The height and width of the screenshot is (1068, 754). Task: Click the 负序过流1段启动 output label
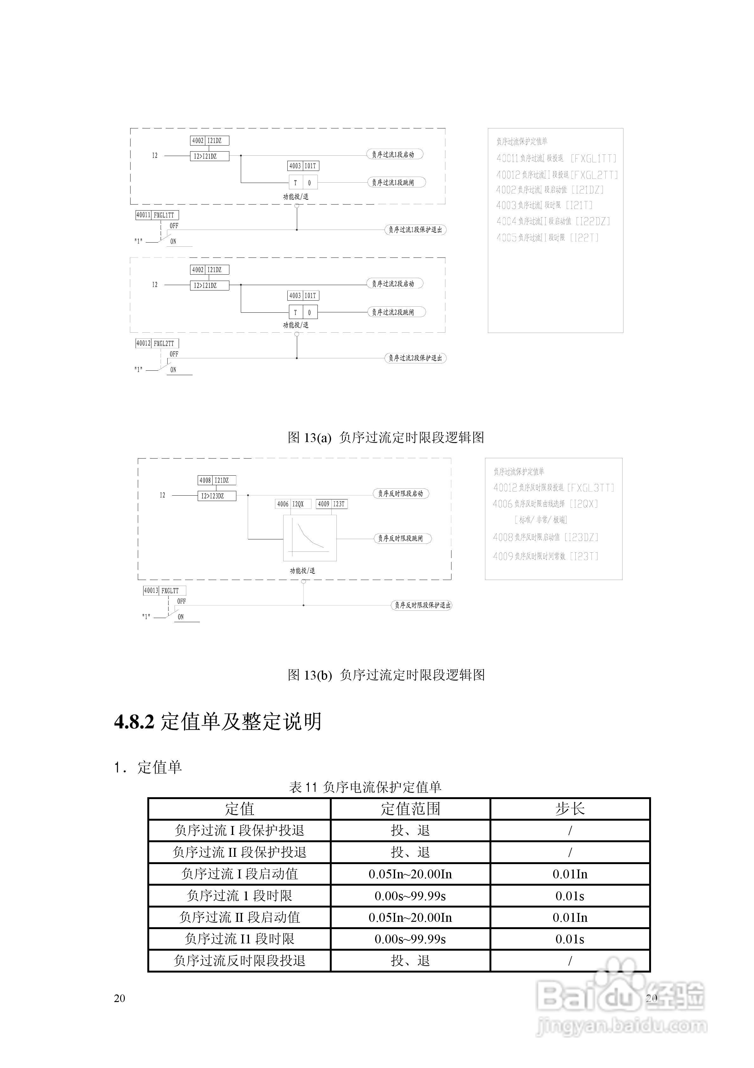(395, 154)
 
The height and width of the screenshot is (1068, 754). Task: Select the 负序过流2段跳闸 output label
(396, 312)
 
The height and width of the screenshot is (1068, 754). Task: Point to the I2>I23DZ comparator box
(217, 496)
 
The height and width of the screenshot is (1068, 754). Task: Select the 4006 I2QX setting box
(293, 504)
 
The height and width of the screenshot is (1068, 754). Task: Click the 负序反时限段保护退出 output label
(421, 605)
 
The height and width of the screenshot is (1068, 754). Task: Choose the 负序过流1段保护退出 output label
(415, 230)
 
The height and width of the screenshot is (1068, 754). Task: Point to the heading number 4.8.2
(134, 721)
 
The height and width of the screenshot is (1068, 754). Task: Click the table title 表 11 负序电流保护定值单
(365, 787)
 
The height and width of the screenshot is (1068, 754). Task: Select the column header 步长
(570, 809)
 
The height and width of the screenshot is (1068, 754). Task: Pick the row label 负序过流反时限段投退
(240, 961)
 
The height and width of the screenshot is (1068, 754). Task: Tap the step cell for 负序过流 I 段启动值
(570, 874)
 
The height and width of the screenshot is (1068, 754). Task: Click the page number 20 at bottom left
(119, 998)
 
